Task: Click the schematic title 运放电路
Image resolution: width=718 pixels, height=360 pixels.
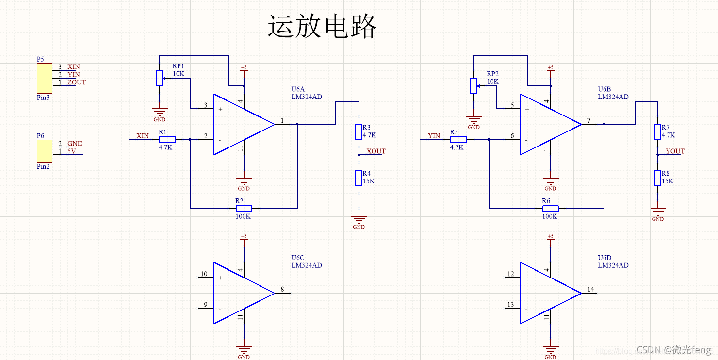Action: point(322,27)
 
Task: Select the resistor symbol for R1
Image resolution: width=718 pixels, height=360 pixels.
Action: point(167,139)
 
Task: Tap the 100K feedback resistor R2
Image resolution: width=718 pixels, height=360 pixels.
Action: point(244,209)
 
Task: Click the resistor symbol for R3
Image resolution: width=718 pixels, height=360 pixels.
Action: point(359,131)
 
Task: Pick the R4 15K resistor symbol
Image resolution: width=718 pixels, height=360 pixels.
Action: point(359,178)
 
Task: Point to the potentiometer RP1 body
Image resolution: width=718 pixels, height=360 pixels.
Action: point(160,78)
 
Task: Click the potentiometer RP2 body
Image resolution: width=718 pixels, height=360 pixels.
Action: point(474,86)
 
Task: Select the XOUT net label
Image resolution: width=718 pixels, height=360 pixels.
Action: point(376,151)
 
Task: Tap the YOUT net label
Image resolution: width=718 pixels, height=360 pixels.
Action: point(675,151)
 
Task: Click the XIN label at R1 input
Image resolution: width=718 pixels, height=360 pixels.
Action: point(143,136)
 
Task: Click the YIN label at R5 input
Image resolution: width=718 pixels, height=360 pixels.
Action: point(434,136)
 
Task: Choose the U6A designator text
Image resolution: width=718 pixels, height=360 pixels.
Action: point(298,89)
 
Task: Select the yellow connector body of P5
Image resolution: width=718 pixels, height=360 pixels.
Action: point(44,78)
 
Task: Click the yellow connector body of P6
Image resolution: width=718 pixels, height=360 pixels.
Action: point(44,151)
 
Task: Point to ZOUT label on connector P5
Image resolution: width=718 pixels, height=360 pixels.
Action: point(77,82)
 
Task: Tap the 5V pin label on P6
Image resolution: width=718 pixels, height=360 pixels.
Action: point(71,151)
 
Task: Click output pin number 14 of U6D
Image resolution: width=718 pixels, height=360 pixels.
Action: point(590,290)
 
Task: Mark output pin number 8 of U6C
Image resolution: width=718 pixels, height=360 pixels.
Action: point(282,290)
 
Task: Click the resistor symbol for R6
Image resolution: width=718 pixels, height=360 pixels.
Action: point(550,209)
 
